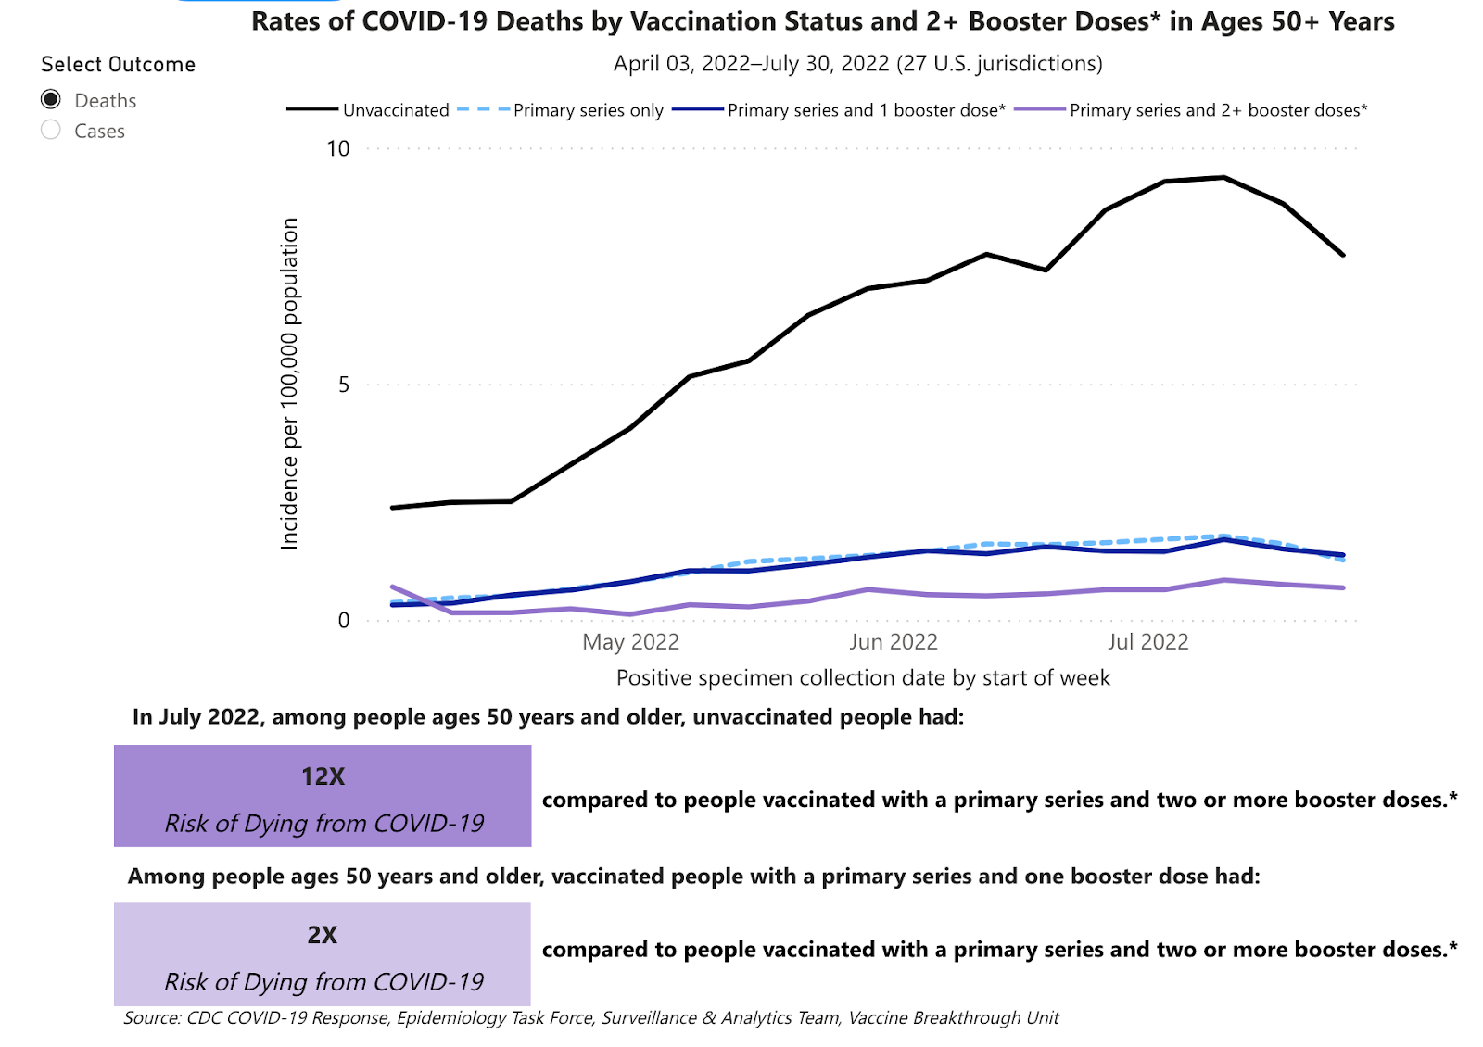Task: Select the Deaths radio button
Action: coord(52,100)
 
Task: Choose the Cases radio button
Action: coord(52,131)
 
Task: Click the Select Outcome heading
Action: coord(118,65)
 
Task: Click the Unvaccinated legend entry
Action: coord(396,110)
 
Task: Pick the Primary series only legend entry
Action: coord(588,110)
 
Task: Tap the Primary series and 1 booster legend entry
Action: coord(866,110)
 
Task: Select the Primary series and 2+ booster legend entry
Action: coord(1218,110)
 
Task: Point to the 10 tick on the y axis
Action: coord(338,149)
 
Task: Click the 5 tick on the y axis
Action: coord(344,385)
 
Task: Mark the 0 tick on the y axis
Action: coord(344,621)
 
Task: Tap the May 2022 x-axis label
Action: coord(630,642)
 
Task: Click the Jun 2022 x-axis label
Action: coord(894,642)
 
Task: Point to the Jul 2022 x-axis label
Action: coord(1147,642)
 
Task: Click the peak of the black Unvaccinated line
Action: coord(1223,177)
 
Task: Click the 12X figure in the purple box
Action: coord(323,776)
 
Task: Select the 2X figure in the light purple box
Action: coord(323,935)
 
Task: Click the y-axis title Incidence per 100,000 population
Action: coord(290,384)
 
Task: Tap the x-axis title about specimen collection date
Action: coord(863,678)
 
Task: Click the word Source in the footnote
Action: coord(152,1018)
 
